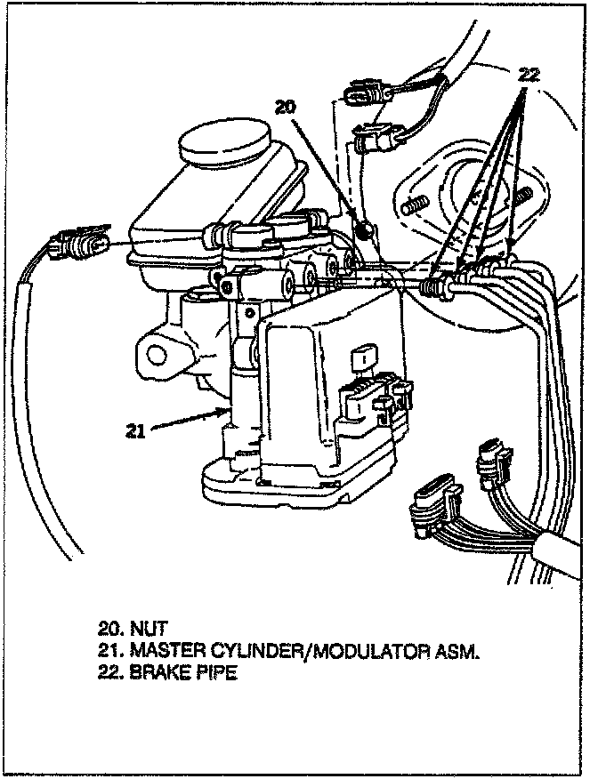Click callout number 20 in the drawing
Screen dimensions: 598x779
[284, 108]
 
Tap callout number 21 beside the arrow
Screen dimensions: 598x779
[134, 433]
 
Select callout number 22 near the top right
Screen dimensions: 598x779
[529, 76]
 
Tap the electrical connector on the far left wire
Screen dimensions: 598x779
[81, 241]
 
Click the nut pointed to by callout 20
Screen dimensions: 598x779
[362, 231]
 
